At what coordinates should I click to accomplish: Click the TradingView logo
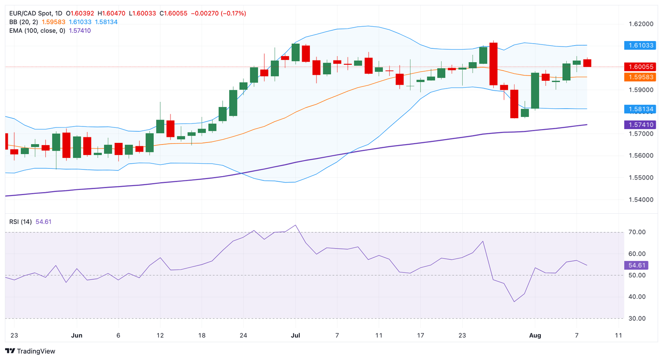[x=30, y=351]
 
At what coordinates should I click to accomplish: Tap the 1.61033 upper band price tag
[x=640, y=45]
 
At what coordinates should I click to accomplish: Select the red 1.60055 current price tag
[x=640, y=67]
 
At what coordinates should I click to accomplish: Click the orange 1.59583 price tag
[x=640, y=77]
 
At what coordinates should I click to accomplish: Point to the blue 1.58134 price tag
[x=640, y=109]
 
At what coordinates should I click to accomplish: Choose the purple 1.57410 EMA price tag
[x=640, y=125]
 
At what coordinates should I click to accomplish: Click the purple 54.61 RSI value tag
[x=636, y=265]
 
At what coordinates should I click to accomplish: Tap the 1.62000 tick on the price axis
[x=641, y=24]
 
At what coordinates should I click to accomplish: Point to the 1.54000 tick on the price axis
[x=641, y=199]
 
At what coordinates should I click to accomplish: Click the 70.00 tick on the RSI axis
[x=637, y=232]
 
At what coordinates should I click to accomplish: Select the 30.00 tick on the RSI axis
[x=637, y=319]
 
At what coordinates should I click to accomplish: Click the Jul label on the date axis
[x=296, y=335]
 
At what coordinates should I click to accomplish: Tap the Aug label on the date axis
[x=535, y=335]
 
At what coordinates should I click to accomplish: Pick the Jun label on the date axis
[x=77, y=335]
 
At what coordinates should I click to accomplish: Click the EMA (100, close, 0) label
[x=38, y=31]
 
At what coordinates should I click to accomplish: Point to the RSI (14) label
[x=21, y=222]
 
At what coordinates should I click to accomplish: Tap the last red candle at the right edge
[x=587, y=63]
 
